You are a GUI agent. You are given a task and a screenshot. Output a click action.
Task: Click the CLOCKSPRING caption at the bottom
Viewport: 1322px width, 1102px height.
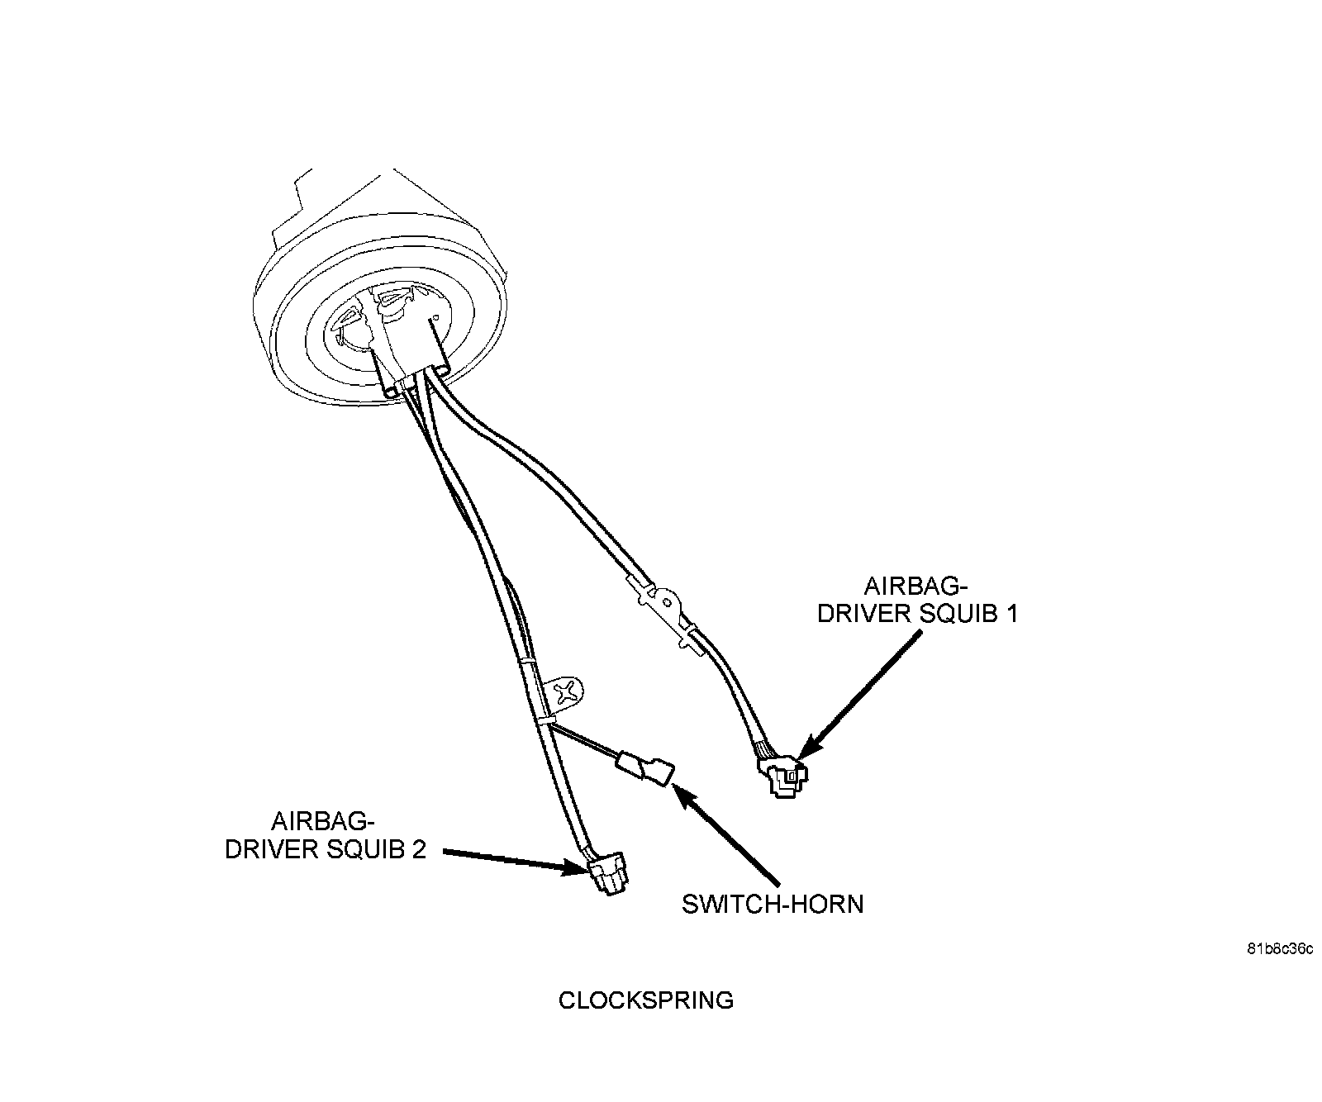coord(645,1000)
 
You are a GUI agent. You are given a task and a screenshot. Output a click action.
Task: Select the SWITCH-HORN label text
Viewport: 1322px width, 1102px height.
coord(772,904)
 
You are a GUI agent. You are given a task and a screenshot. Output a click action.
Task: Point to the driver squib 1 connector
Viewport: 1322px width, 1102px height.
coord(784,776)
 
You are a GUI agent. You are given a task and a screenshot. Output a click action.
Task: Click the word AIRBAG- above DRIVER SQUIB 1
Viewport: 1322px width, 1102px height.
coord(915,587)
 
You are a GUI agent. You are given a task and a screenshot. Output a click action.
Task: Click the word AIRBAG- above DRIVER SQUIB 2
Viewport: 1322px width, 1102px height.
coord(323,822)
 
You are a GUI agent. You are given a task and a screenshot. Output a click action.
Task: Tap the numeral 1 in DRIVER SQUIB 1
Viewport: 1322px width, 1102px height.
coord(1010,615)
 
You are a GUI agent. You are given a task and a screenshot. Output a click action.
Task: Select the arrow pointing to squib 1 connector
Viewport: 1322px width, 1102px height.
coord(863,691)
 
